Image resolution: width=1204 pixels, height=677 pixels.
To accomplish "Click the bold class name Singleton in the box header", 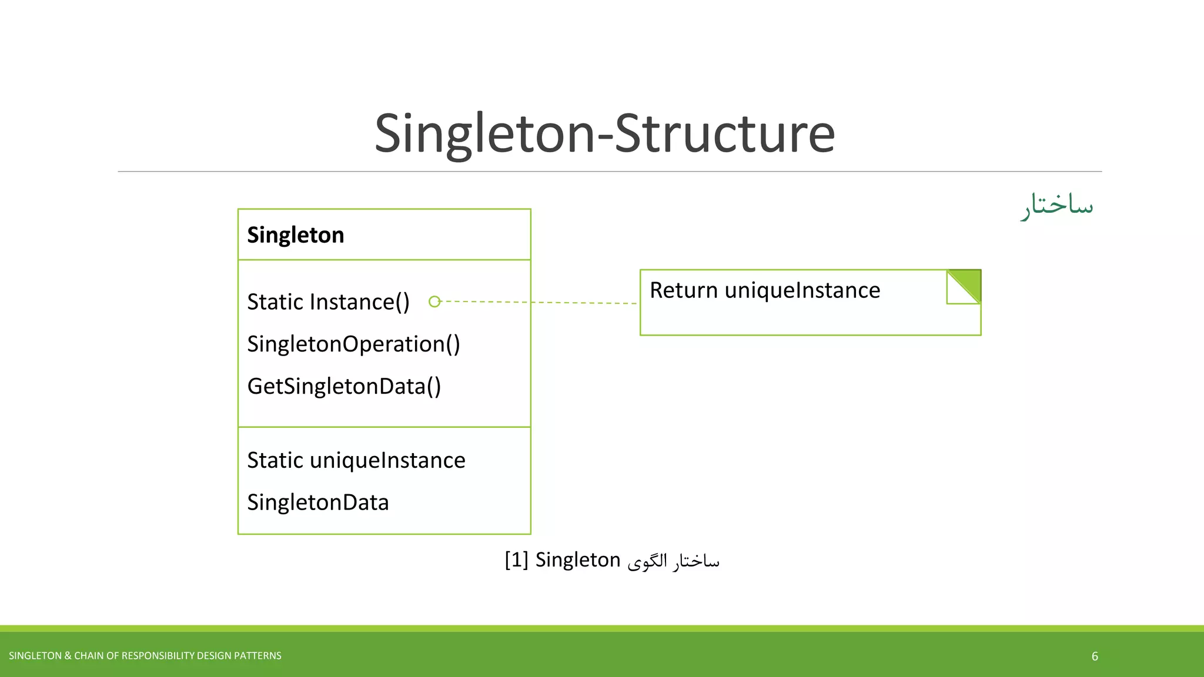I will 295,235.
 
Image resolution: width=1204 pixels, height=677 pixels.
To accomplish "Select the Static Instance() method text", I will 328,302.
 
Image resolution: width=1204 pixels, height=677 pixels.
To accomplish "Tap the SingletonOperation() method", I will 353,344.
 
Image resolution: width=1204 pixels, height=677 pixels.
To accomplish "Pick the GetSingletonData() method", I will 344,387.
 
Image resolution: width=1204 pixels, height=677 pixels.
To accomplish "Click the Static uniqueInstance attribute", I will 356,460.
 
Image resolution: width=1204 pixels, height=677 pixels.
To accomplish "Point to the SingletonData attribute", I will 317,502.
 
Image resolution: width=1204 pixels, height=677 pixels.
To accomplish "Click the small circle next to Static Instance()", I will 434,301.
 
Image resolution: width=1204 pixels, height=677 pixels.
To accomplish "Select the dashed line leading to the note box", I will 538,303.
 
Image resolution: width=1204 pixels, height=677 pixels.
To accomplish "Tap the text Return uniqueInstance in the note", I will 764,290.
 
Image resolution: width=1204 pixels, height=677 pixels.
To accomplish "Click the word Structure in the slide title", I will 724,134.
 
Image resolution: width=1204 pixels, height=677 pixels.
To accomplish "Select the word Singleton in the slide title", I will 486,134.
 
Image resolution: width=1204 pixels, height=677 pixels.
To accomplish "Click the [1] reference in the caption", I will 516,560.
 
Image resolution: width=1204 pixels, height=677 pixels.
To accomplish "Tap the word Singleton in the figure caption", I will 577,560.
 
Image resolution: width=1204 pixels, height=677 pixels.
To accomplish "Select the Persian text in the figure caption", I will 673,561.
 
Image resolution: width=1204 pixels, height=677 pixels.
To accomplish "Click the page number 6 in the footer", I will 1095,656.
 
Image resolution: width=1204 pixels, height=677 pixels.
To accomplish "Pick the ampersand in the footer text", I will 68,656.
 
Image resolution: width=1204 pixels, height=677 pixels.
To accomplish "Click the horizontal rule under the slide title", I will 610,172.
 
